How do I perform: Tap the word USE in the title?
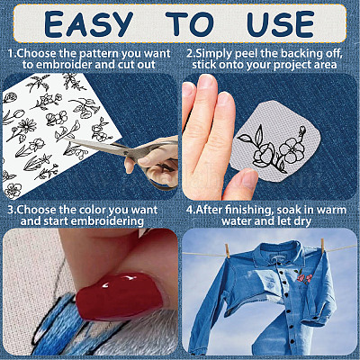click(x=281, y=24)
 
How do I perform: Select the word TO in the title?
click(x=190, y=24)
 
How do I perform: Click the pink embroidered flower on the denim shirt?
click(x=304, y=277)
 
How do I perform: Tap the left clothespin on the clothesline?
click(x=228, y=250)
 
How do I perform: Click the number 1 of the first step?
click(x=11, y=54)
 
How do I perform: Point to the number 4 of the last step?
click(x=190, y=210)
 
